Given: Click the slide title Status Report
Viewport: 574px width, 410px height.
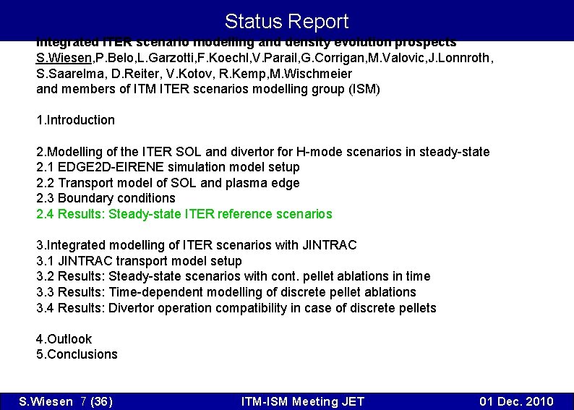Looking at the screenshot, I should click(x=286, y=22).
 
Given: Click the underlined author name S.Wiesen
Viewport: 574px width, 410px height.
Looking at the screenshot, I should click(x=65, y=58).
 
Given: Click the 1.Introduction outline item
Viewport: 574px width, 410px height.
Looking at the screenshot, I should click(x=75, y=120).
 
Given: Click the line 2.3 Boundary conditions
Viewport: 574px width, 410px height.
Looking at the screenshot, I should click(x=106, y=198).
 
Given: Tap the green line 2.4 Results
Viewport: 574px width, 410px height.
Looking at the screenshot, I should click(x=184, y=214).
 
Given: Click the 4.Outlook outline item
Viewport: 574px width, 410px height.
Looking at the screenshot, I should click(x=64, y=339).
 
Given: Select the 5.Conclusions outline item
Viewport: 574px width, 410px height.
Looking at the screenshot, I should click(x=77, y=354).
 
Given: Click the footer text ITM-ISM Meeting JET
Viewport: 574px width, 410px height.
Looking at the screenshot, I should click(x=303, y=402).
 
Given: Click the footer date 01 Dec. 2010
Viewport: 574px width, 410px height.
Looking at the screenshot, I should click(x=516, y=402).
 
